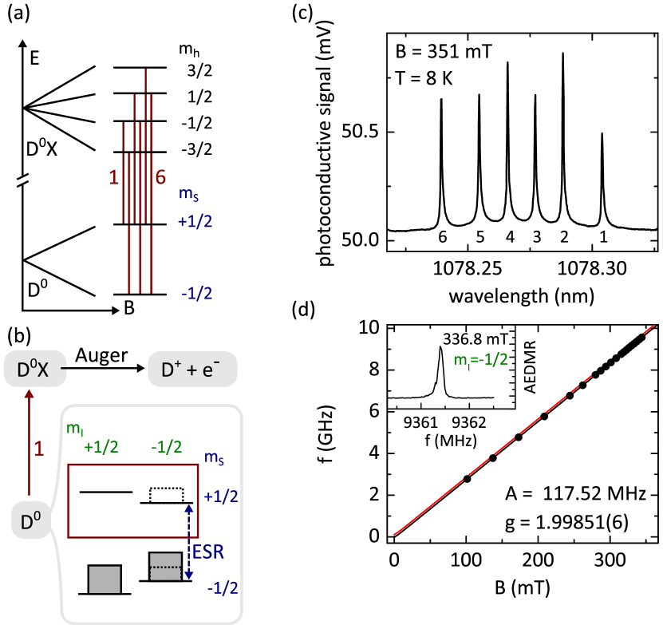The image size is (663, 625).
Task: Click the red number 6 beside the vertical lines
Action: point(160,177)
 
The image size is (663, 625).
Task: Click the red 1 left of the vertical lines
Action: point(114,178)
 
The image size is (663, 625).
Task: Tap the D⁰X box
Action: point(33,370)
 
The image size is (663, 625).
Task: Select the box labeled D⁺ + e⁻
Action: point(192,370)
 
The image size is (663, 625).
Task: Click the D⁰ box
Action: point(31,522)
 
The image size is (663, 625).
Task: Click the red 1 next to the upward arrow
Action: point(38,449)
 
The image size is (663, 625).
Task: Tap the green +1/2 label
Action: point(101,447)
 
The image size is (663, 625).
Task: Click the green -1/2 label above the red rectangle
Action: point(166,447)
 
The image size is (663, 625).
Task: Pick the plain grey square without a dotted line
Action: point(105,580)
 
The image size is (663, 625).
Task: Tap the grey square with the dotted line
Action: point(165,567)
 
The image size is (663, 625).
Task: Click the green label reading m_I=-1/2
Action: point(481,360)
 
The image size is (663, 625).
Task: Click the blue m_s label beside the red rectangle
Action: point(213,457)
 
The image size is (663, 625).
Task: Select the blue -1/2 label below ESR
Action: point(222,588)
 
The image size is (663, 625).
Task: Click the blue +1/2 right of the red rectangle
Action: point(220,496)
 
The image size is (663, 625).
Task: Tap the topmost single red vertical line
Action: point(145,81)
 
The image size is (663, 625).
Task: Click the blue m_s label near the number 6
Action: point(189,194)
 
